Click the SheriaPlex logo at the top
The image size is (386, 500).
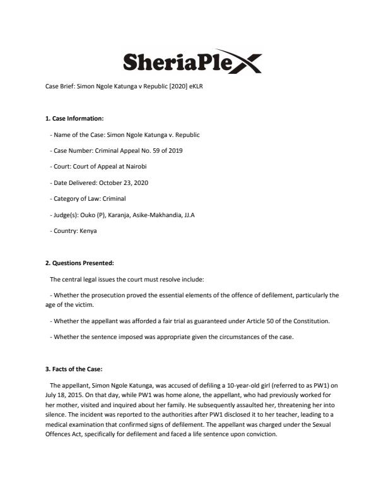(x=192, y=62)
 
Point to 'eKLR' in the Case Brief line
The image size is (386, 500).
(x=196, y=86)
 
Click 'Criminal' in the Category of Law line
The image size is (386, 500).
(x=122, y=199)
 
